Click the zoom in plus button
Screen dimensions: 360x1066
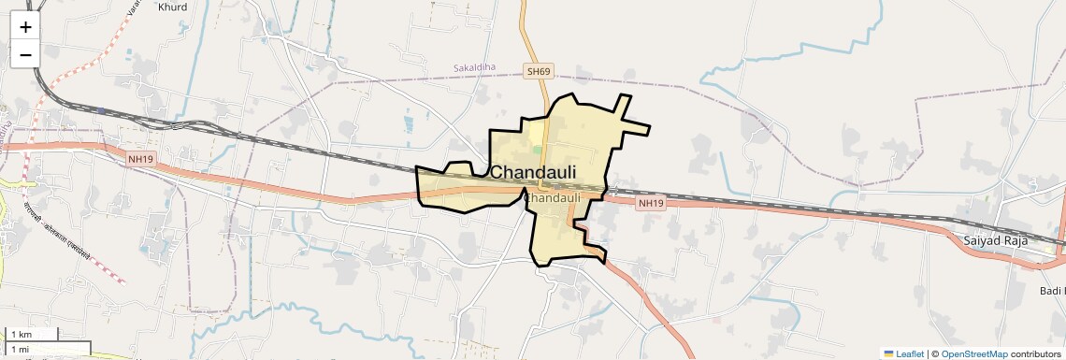point(25,27)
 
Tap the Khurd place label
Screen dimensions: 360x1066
point(172,7)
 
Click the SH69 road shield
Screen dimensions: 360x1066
point(539,71)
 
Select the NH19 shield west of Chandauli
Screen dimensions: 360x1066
point(141,160)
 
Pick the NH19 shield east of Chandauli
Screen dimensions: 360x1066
point(651,203)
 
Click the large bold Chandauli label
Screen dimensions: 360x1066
point(546,172)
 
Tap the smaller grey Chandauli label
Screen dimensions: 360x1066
point(555,198)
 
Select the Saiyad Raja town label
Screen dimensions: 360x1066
point(995,240)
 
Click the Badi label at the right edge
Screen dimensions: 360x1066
point(1052,291)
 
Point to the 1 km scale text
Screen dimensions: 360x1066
point(20,335)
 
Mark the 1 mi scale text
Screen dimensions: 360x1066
point(19,349)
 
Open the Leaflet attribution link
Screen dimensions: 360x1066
point(910,353)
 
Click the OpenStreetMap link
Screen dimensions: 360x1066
point(973,353)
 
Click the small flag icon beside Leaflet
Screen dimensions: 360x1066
point(889,353)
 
